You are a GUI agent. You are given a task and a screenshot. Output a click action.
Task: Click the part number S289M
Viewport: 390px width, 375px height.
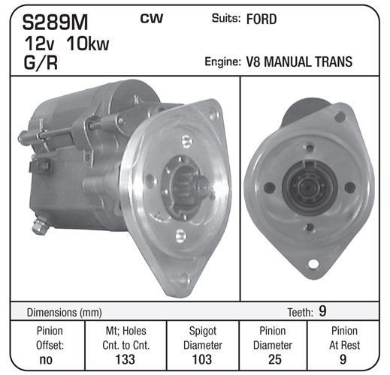[55, 22]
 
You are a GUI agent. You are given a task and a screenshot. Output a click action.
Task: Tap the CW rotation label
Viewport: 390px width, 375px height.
[152, 18]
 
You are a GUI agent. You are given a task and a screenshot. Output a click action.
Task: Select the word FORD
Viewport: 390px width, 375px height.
[262, 19]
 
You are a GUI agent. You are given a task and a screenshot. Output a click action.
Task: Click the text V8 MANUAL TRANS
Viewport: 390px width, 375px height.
[299, 61]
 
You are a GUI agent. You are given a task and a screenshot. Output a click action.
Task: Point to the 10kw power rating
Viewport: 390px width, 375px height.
[88, 43]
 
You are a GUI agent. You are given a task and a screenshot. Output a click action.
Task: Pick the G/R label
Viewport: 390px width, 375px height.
[41, 62]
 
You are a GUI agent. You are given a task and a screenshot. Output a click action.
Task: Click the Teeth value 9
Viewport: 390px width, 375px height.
[322, 311]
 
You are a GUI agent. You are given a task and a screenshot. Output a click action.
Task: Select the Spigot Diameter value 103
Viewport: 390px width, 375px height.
[202, 359]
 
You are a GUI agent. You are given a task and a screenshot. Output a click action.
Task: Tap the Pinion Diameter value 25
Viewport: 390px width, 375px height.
[275, 359]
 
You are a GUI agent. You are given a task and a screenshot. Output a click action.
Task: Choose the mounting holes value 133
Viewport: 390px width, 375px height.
[125, 359]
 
